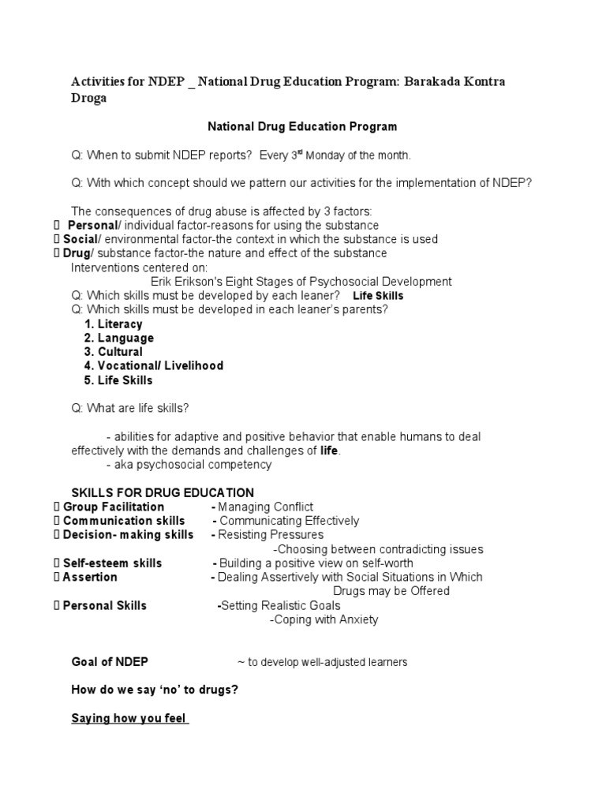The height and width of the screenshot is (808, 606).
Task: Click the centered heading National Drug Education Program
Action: point(302,126)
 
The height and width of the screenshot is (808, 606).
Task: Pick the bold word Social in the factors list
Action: point(80,240)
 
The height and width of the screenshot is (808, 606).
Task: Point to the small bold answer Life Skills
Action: point(378,296)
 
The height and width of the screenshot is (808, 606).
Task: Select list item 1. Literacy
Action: point(114,324)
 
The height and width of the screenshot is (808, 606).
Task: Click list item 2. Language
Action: point(119,339)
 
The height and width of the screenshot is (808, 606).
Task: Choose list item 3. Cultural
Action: point(114,352)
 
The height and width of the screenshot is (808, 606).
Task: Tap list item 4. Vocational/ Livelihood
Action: point(154,366)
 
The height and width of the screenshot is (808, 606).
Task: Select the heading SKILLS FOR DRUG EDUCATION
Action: point(163,493)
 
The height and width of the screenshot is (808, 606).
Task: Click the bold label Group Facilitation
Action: point(114,507)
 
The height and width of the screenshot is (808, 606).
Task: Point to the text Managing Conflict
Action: point(266,507)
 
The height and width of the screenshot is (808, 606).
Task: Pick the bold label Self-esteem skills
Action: point(113,563)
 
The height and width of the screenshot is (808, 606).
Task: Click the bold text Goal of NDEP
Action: point(110,662)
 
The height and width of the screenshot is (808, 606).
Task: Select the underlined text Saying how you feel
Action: point(129,719)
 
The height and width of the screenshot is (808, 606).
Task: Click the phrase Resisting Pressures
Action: point(271,535)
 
